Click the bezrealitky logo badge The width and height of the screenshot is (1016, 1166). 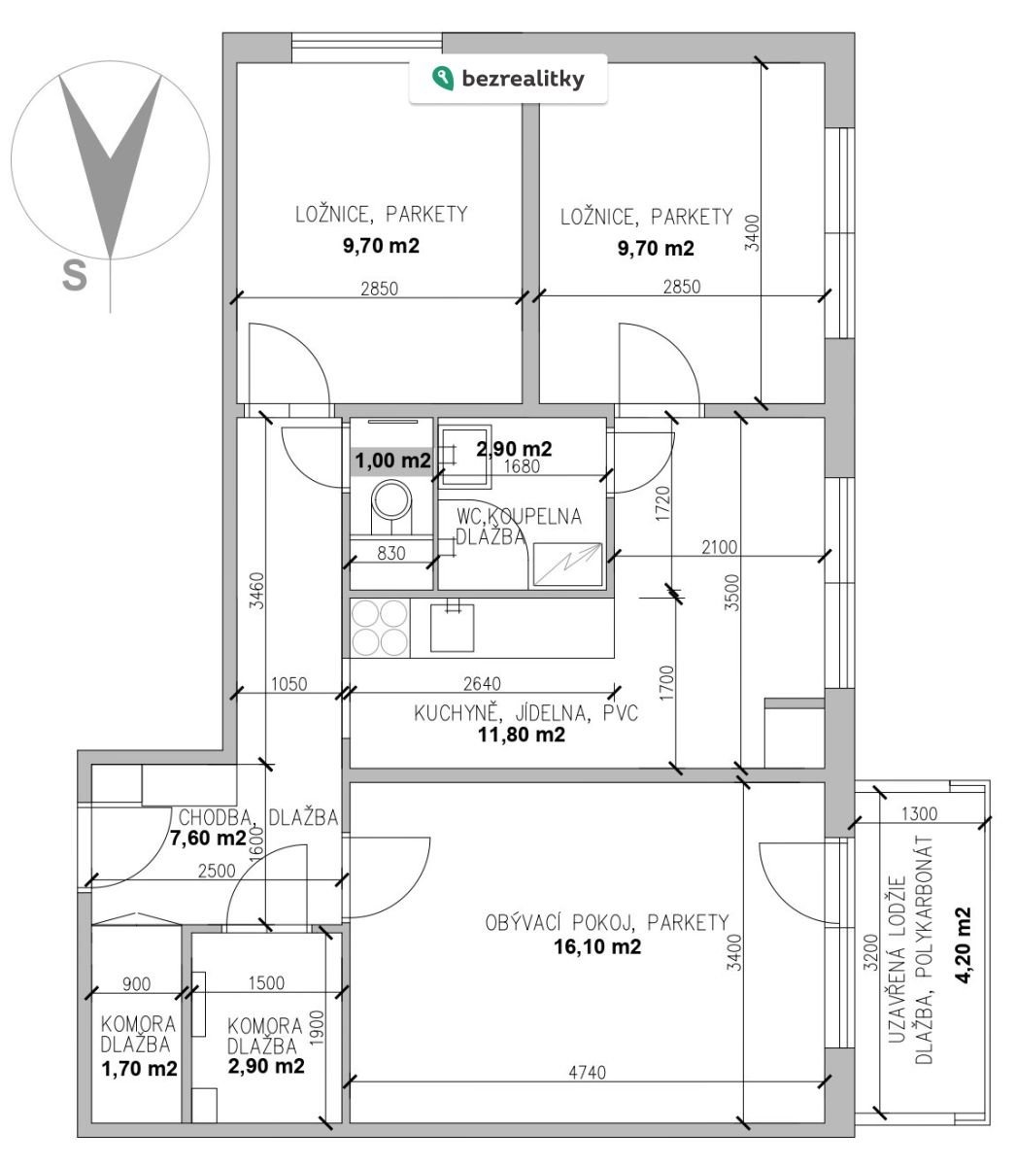click(508, 79)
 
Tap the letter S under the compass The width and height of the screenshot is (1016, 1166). click(75, 276)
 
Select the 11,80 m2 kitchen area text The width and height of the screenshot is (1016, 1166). click(522, 735)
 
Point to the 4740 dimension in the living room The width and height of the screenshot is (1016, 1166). click(587, 1073)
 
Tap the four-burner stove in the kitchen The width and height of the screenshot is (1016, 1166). click(379, 628)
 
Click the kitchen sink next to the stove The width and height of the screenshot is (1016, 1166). click(453, 628)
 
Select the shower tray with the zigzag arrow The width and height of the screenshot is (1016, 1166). click(567, 565)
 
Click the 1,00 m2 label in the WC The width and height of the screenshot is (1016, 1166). click(393, 461)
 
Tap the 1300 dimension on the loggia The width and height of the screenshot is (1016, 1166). click(919, 814)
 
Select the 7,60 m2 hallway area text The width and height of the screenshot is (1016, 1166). click(208, 838)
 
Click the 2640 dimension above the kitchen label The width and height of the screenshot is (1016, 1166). click(482, 683)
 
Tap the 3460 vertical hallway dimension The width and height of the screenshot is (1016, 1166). click(257, 591)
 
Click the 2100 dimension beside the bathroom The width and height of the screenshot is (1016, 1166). click(720, 547)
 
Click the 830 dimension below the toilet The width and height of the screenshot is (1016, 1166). click(391, 553)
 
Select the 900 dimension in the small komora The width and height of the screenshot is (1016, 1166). click(137, 983)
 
